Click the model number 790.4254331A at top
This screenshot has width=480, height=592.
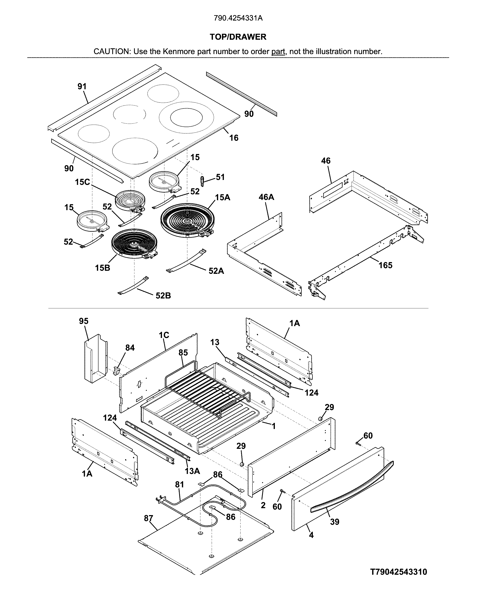pyautogui.click(x=238, y=18)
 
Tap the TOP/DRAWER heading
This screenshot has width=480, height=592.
pyautogui.click(x=238, y=37)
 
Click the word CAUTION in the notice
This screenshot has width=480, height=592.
pyautogui.click(x=112, y=51)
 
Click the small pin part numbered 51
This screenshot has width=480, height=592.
pyautogui.click(x=202, y=181)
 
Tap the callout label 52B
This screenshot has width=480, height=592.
pyautogui.click(x=163, y=296)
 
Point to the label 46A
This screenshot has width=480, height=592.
pyautogui.click(x=266, y=197)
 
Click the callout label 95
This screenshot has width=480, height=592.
pyautogui.click(x=83, y=321)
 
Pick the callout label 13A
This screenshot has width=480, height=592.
pyautogui.click(x=192, y=471)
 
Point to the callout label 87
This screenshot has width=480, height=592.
pyautogui.click(x=148, y=518)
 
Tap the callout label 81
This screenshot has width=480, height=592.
pyautogui.click(x=179, y=484)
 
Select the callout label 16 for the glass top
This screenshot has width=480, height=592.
pyautogui.click(x=234, y=138)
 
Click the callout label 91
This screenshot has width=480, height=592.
pyautogui.click(x=82, y=86)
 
